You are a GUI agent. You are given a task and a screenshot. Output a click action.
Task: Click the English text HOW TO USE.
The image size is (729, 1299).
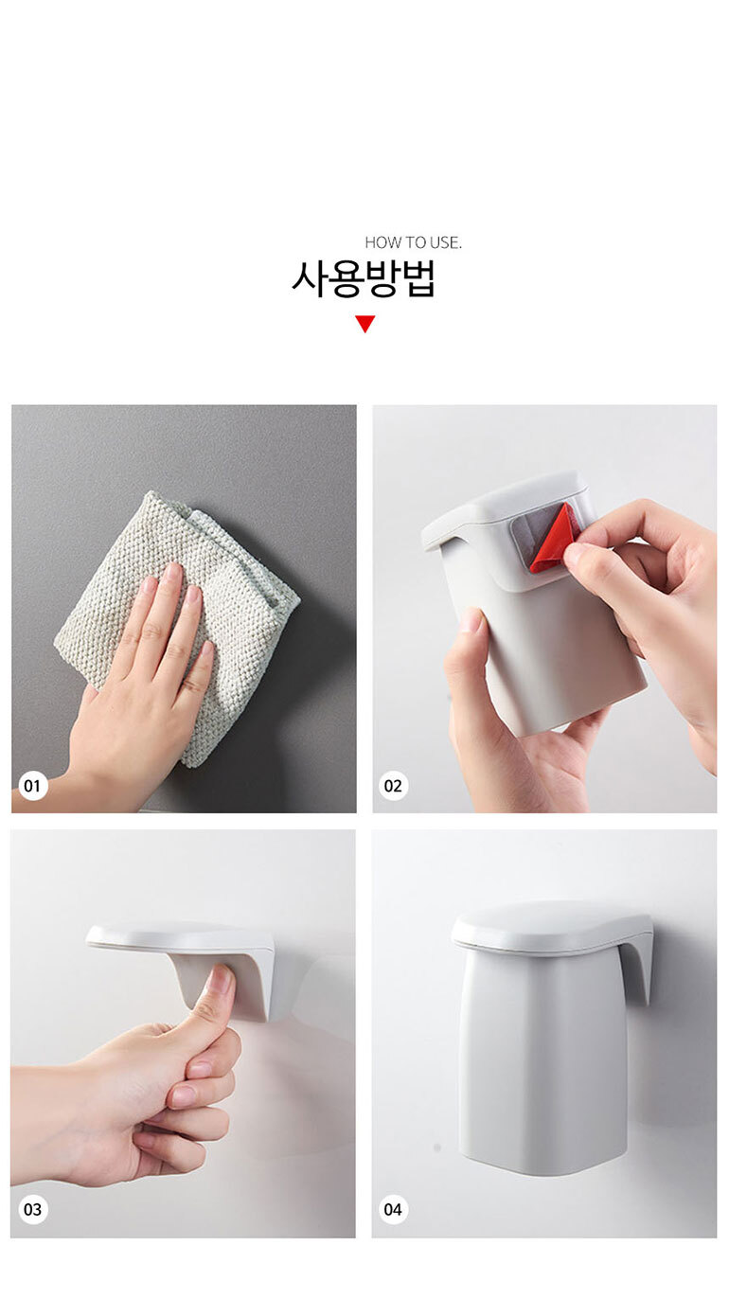coord(413,242)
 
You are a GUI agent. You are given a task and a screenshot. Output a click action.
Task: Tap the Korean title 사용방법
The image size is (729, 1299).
coord(363,279)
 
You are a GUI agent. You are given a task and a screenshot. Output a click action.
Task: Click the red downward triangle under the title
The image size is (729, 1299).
coord(365,324)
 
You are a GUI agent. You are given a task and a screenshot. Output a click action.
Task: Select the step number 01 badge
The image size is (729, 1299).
coord(32,787)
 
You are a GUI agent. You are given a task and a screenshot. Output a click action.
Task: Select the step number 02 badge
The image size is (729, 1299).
coord(393,787)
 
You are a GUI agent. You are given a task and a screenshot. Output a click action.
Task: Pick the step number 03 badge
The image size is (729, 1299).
coord(32,1210)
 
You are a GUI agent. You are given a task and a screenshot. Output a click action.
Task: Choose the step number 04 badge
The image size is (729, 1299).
coord(393,1210)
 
